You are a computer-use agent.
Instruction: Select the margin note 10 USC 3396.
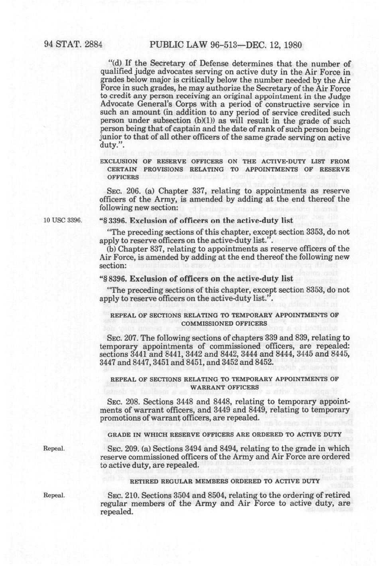click(x=60, y=220)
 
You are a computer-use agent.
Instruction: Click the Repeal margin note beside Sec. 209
click(x=54, y=448)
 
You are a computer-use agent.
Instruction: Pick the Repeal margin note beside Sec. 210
click(x=54, y=495)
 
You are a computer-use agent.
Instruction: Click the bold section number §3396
click(x=113, y=220)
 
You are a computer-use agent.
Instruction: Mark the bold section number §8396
click(x=113, y=279)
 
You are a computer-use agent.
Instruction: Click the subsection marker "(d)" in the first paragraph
click(x=116, y=64)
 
